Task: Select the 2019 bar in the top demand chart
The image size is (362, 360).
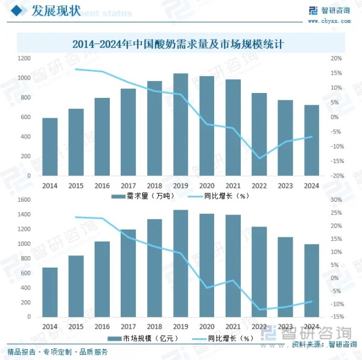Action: [x=180, y=124]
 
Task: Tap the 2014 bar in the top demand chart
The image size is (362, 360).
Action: [x=50, y=146]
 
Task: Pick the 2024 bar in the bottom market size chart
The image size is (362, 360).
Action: [x=311, y=280]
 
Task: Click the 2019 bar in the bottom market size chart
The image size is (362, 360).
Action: [x=180, y=263]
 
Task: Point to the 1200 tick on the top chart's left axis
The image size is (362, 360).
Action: [x=24, y=59]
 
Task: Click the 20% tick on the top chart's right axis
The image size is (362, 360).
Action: [x=337, y=59]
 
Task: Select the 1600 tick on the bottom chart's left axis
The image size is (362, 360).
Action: [x=24, y=199]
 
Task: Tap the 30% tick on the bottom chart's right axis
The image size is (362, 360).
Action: [x=337, y=199]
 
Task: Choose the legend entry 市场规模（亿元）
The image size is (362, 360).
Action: [x=139, y=338]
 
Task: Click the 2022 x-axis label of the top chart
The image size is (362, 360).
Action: [x=259, y=185]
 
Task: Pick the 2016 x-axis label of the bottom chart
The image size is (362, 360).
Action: [x=102, y=326]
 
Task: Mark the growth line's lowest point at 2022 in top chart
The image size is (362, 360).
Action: [x=259, y=158]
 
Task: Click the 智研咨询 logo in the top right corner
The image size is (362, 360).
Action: [x=329, y=10]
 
